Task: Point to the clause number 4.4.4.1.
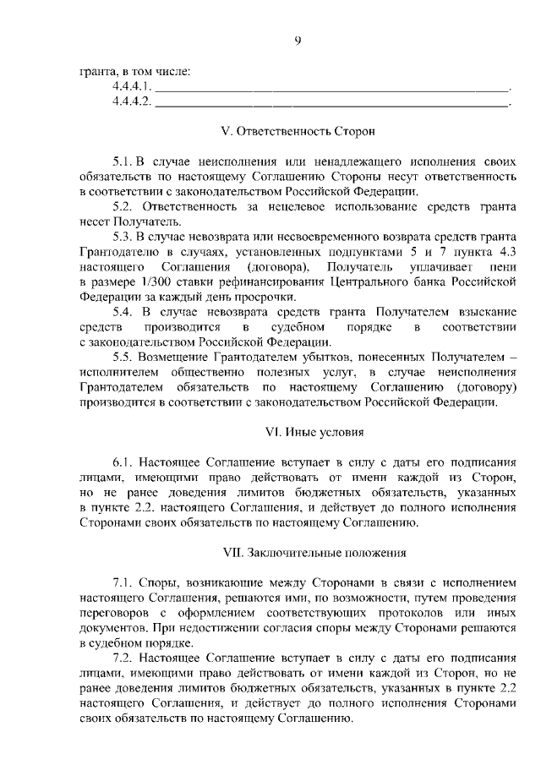pyautogui.click(x=131, y=87)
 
